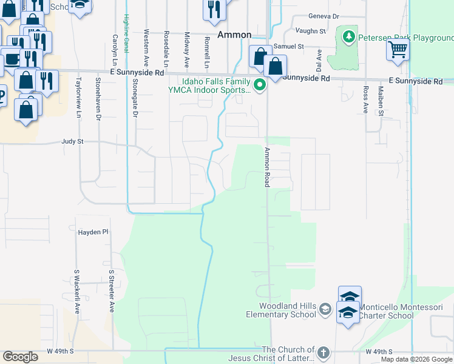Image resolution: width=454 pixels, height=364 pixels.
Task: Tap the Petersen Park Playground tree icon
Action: (348, 37)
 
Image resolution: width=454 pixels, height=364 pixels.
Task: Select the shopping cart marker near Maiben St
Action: (398, 50)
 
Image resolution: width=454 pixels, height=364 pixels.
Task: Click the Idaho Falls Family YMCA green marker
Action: (260, 85)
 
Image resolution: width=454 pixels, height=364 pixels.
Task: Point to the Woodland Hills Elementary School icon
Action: (325, 310)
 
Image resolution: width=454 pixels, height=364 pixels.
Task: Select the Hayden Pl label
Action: (93, 232)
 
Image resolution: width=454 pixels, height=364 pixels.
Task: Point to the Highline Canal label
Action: (126, 33)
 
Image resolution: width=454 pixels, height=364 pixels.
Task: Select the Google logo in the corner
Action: (20, 357)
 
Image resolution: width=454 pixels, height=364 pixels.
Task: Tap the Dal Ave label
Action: (318, 60)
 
